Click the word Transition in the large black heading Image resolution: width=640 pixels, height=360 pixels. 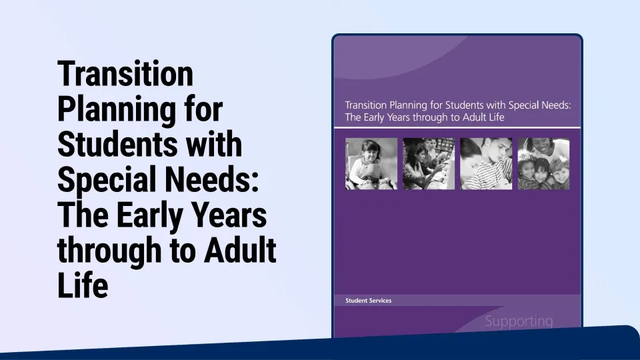click(125, 74)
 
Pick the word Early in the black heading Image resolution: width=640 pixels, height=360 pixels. click(149, 215)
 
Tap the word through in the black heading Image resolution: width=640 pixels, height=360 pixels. click(109, 250)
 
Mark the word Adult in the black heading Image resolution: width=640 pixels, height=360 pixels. click(240, 250)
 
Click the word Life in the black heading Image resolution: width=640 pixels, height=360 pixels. click(83, 285)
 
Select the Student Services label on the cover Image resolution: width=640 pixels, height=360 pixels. click(368, 301)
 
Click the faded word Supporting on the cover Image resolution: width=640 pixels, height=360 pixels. click(519, 321)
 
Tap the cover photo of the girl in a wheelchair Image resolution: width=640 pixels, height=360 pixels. click(371, 164)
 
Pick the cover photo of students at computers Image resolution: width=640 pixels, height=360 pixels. click(429, 164)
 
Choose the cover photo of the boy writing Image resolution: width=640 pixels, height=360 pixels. click(486, 164)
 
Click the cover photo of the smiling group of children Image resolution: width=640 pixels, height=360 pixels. click(544, 164)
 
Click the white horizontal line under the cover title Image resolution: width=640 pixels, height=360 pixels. click(457, 128)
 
